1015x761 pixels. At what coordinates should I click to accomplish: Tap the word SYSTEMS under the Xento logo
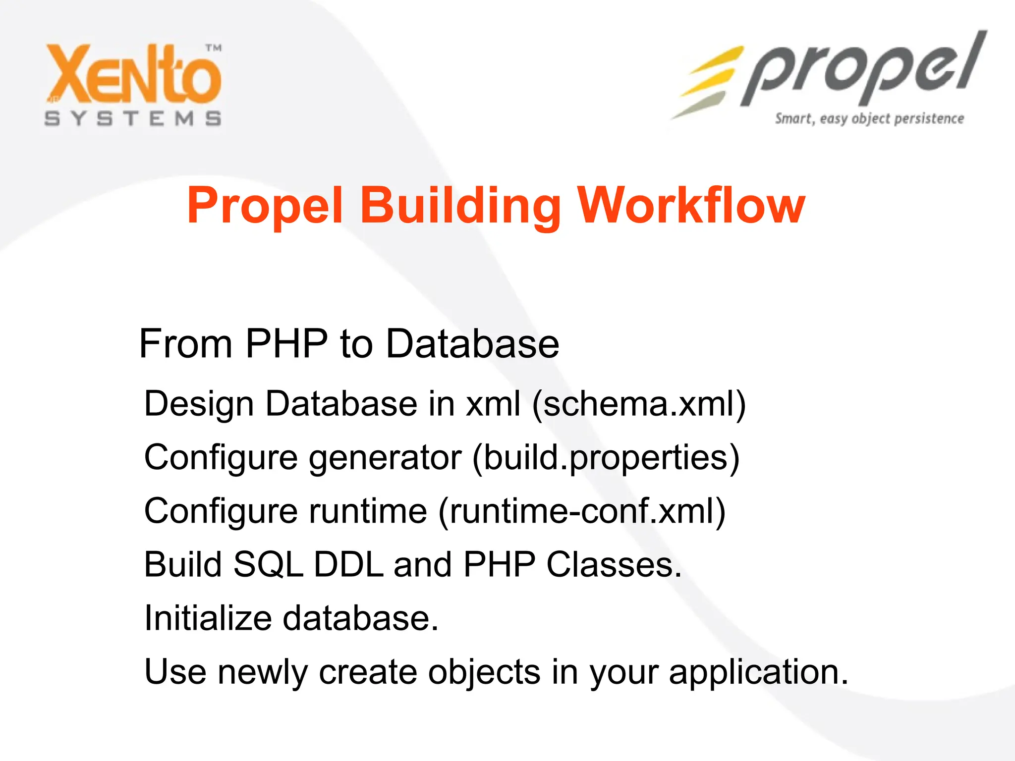point(133,119)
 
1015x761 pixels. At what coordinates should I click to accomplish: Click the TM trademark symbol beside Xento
point(214,48)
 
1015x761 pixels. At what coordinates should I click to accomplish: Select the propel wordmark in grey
point(862,69)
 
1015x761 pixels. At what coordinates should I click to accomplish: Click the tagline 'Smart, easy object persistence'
point(869,119)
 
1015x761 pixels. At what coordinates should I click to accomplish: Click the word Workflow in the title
point(692,205)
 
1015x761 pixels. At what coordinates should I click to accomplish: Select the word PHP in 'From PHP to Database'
point(286,343)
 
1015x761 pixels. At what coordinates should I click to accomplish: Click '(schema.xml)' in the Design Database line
point(639,403)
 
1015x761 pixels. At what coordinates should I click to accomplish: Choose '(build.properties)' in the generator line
point(606,457)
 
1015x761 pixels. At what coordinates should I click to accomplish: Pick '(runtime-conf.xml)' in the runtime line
point(582,511)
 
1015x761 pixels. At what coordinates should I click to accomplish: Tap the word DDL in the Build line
point(348,564)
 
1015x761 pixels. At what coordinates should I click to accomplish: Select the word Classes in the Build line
point(614,564)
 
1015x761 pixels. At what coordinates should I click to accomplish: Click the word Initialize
point(208,618)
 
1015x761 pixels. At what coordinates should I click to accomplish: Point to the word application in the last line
point(758,673)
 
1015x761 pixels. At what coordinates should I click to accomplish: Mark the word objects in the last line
point(484,673)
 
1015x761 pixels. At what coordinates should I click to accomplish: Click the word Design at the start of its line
point(199,404)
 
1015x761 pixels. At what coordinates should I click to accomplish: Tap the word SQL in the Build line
point(268,564)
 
